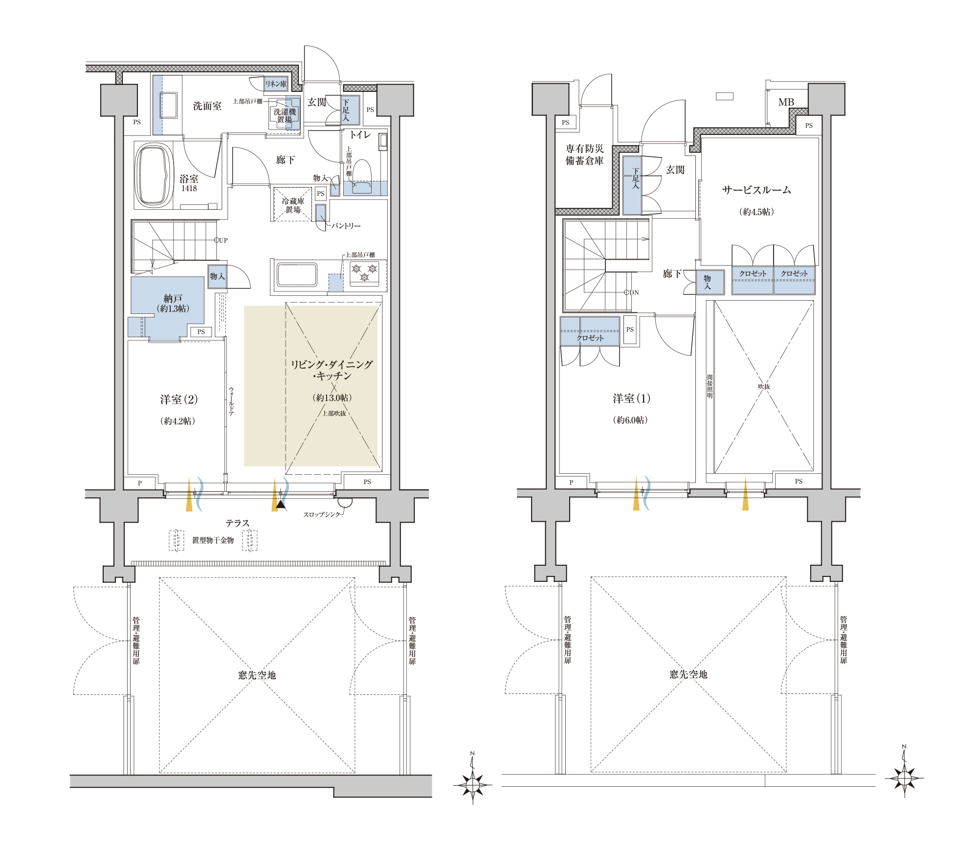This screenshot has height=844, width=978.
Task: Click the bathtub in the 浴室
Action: pyautogui.click(x=154, y=175)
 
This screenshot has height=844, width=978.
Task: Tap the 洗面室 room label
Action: pyautogui.click(x=207, y=106)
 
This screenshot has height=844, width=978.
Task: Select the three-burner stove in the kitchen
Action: pyautogui.click(x=364, y=273)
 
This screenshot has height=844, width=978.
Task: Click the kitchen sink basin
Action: pyautogui.click(x=297, y=274)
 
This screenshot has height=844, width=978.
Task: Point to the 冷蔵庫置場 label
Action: pyautogui.click(x=293, y=205)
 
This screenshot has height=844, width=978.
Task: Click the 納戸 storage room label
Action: pyautogui.click(x=173, y=298)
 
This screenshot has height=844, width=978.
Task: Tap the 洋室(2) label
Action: pyautogui.click(x=179, y=400)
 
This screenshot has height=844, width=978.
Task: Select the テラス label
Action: pyautogui.click(x=238, y=523)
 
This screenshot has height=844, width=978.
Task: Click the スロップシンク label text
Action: pyautogui.click(x=321, y=514)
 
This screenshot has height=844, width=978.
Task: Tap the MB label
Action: pyautogui.click(x=786, y=102)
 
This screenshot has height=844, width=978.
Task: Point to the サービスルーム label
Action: pyautogui.click(x=756, y=190)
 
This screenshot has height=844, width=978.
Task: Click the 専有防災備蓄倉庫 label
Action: pyautogui.click(x=584, y=155)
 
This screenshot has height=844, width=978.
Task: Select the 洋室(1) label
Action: pyautogui.click(x=631, y=399)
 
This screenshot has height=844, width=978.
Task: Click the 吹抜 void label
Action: pyautogui.click(x=764, y=386)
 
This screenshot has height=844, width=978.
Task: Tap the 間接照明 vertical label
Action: pyautogui.click(x=710, y=386)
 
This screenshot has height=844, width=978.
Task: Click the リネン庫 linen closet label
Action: pyautogui.click(x=276, y=84)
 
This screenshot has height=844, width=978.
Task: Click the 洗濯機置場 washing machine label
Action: pyautogui.click(x=284, y=115)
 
